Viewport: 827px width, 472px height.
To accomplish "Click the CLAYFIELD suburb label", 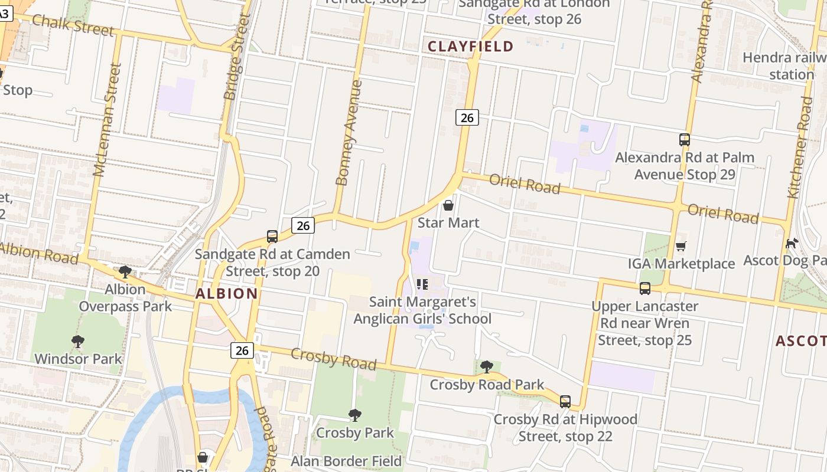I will point(470,47).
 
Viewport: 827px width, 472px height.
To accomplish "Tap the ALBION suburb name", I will point(226,293).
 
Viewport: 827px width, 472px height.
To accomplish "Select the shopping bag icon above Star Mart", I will point(448,205).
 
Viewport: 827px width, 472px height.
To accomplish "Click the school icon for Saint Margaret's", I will point(422,284).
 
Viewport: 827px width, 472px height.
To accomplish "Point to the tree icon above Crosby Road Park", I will point(487,367).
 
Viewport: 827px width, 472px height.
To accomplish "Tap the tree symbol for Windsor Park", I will point(77,341).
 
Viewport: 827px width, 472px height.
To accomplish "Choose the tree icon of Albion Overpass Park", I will point(125,272).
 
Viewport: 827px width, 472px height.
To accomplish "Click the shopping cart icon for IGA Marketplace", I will point(681,246).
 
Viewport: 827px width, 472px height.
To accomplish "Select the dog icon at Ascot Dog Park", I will point(792,243).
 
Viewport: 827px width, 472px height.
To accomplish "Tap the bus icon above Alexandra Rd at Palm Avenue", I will point(685,140).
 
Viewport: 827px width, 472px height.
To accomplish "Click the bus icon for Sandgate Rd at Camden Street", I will point(272,237).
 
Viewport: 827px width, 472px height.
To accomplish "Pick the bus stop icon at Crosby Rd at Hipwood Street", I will point(565,402).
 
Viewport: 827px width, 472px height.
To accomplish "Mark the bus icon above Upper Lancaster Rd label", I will point(645,289).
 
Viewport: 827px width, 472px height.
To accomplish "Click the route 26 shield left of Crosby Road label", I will point(242,350).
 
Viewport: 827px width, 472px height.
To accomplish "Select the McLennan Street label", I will point(107,120).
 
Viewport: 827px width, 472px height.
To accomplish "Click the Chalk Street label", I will point(73,25).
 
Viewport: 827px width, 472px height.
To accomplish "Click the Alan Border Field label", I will point(346,461).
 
